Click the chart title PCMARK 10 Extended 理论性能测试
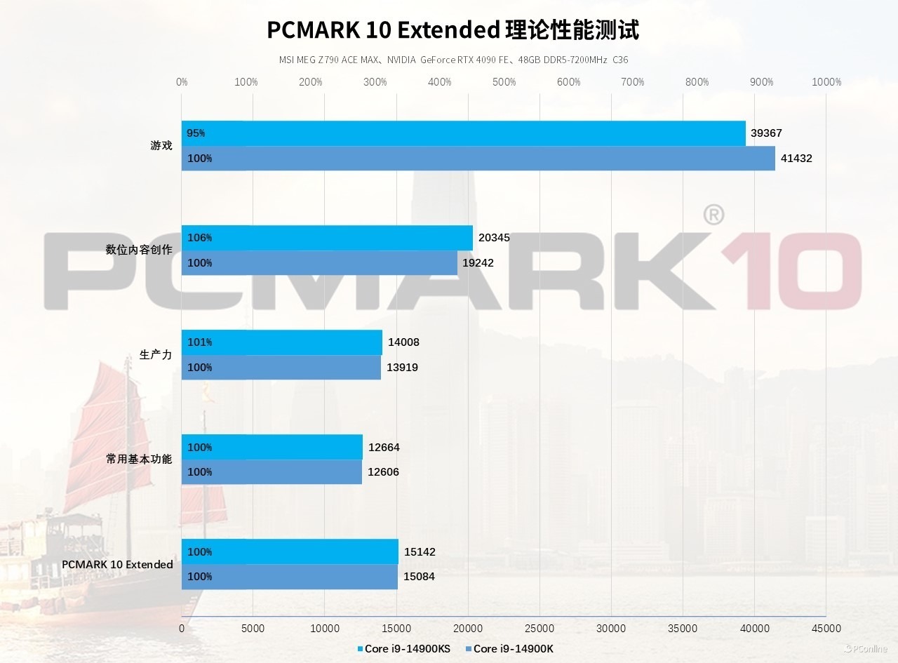tap(453, 30)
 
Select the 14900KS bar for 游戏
tap(463, 133)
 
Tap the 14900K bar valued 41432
tap(478, 159)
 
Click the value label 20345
tap(494, 238)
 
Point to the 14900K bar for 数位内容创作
tap(319, 263)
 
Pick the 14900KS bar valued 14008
tap(281, 342)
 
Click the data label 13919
tap(402, 368)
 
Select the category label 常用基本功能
tap(139, 460)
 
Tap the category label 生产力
tap(156, 355)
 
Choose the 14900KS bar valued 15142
tap(290, 551)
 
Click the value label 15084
tap(419, 577)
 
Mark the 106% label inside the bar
tap(199, 238)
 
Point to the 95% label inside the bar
tap(196, 133)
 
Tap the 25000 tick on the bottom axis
tap(540, 629)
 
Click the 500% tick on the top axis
tap(504, 82)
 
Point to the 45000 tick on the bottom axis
tap(826, 629)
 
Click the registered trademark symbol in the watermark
tap(713, 215)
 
